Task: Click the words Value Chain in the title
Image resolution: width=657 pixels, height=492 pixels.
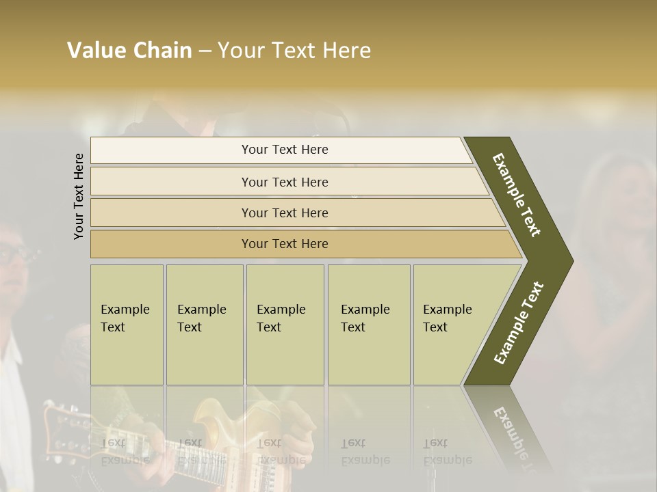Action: (x=129, y=51)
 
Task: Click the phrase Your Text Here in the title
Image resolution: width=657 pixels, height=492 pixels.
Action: (x=294, y=51)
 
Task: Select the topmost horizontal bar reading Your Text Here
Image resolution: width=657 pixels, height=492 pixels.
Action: (x=284, y=150)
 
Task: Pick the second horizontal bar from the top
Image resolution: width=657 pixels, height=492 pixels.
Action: (x=284, y=182)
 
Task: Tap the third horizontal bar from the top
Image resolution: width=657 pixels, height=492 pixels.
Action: (x=284, y=213)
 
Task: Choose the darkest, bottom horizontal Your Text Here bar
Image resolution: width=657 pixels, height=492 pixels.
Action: (x=284, y=244)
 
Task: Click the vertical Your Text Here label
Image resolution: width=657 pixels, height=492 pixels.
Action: (x=79, y=196)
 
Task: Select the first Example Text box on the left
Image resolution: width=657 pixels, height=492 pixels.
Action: (x=127, y=325)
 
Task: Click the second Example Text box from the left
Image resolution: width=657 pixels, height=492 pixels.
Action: (x=204, y=325)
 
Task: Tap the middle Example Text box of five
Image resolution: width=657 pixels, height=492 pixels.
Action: (x=285, y=325)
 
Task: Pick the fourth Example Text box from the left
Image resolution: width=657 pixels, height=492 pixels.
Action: (x=368, y=325)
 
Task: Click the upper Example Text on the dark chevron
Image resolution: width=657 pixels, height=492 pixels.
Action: (x=517, y=195)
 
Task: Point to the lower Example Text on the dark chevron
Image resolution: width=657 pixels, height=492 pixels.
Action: (x=519, y=323)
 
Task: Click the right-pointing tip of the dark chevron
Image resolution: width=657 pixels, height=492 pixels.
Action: (x=569, y=261)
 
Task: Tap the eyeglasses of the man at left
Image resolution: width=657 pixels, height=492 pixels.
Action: (x=15, y=255)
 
